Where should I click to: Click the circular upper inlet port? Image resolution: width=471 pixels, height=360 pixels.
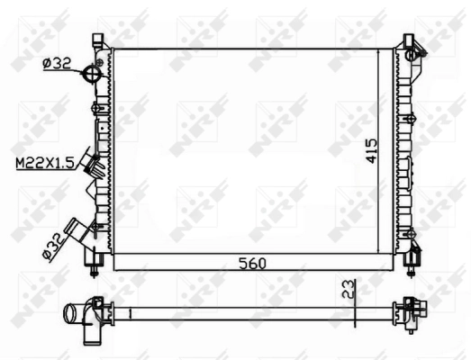(91, 74)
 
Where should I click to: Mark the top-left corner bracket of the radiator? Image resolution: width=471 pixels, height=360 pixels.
(96, 41)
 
